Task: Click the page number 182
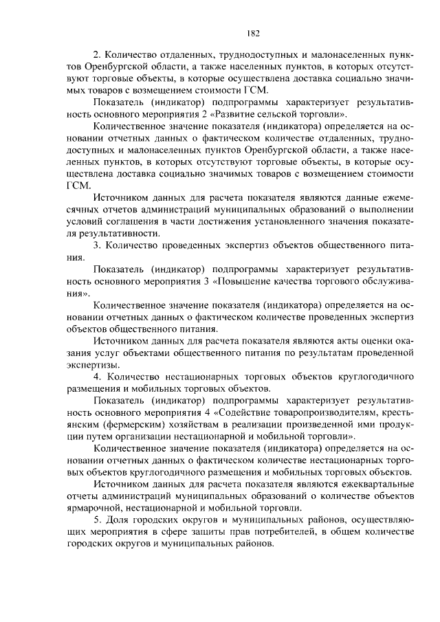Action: click(x=252, y=32)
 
